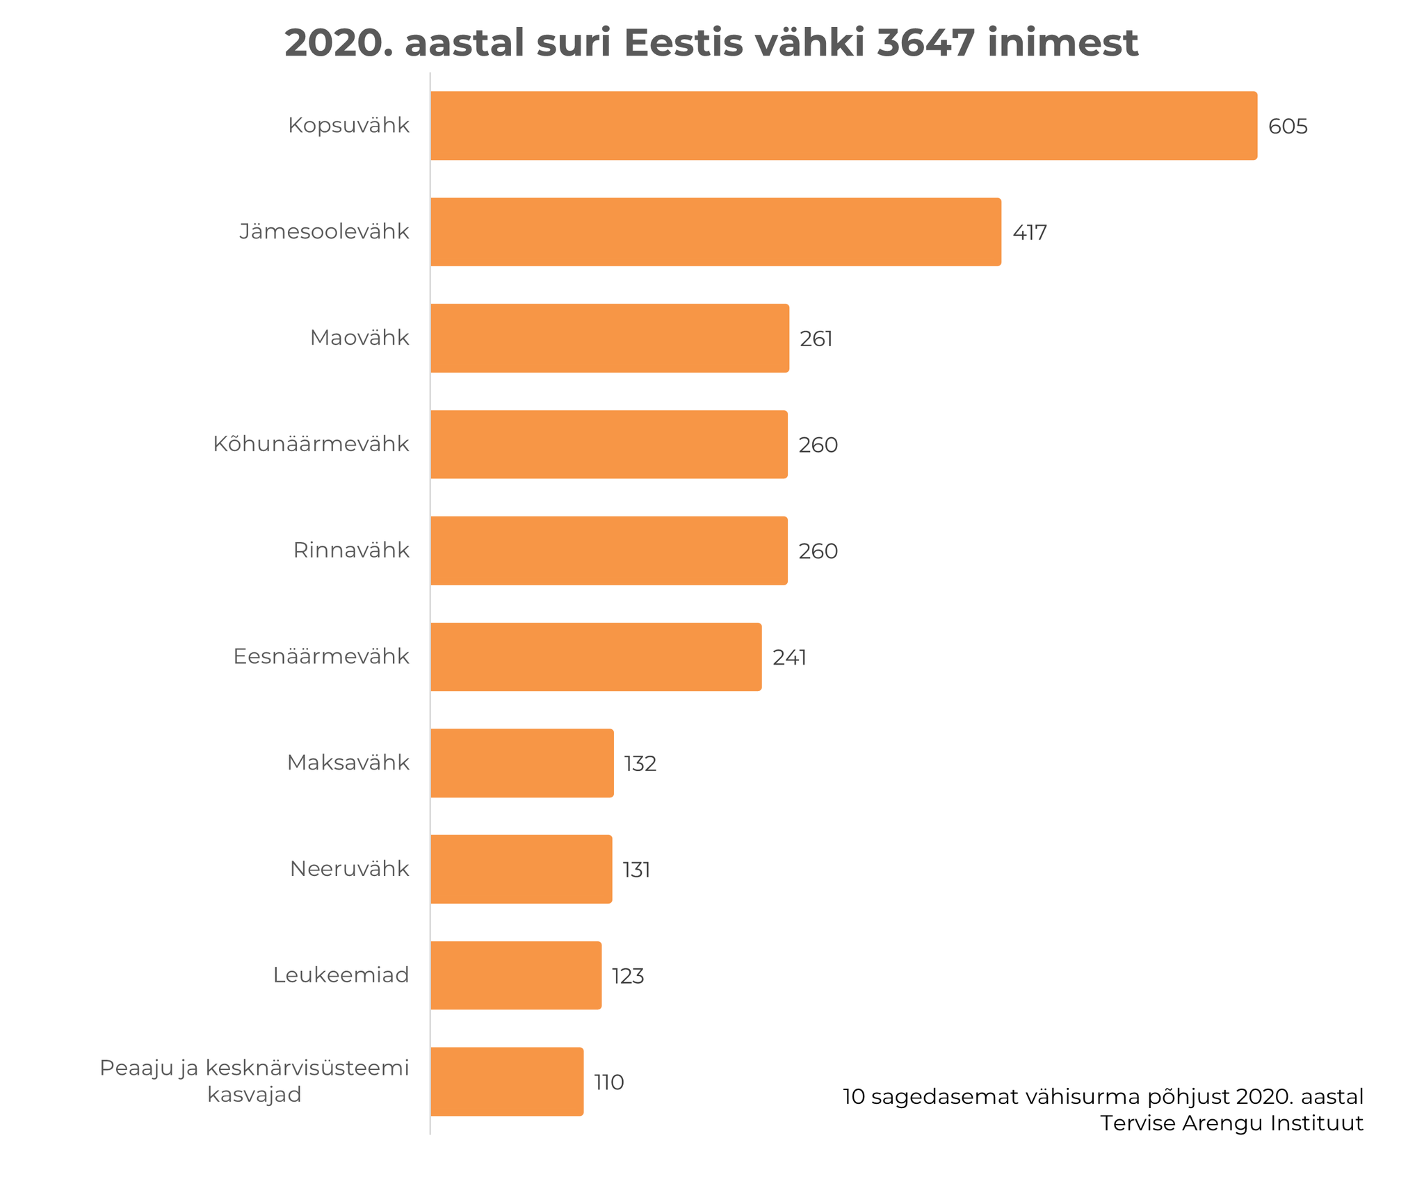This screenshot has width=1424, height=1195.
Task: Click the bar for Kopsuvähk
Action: [x=843, y=126]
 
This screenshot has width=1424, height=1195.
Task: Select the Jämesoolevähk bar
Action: [x=715, y=232]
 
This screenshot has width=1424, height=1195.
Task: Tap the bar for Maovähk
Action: [x=609, y=339]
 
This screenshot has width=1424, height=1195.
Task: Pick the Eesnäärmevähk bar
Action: [x=595, y=657]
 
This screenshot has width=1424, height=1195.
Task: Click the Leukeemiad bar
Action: [x=515, y=975]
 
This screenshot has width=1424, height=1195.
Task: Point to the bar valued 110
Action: [x=506, y=1082]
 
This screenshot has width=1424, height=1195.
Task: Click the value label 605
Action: [x=1287, y=127]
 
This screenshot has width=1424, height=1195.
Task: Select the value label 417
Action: [x=1029, y=233]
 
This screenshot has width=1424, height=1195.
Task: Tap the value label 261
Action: [x=816, y=339]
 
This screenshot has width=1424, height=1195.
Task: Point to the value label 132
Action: [x=640, y=764]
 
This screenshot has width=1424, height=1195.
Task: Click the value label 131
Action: [x=636, y=870]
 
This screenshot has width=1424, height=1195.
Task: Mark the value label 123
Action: [x=627, y=977]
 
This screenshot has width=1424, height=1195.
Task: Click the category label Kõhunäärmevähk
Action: [x=311, y=444]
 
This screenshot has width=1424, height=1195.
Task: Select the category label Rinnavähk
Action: [x=351, y=551]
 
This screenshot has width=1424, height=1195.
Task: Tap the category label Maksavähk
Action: [x=348, y=763]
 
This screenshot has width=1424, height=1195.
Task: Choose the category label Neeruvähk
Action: [x=349, y=869]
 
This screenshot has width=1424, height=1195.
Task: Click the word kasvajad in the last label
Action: [x=254, y=1095]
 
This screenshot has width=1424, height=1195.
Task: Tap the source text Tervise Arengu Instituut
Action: [x=1231, y=1123]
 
